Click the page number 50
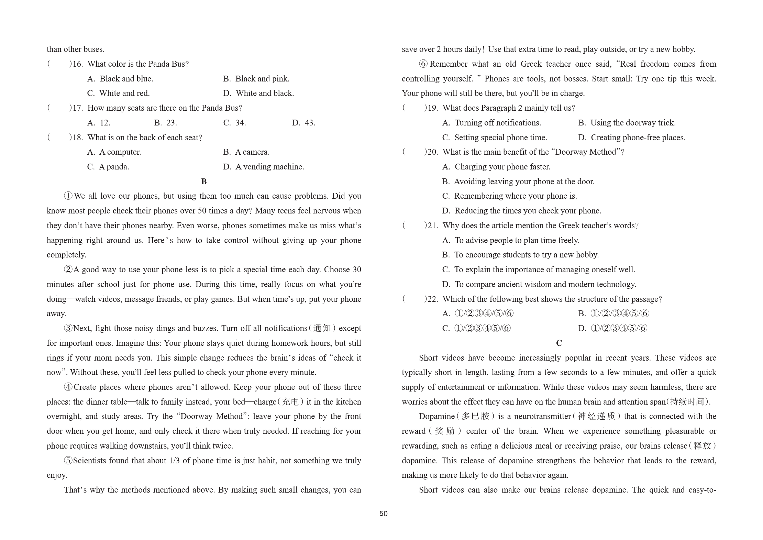tap(383, 514)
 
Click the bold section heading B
tap(204, 181)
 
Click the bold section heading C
tap(559, 343)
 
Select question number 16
tap(78, 64)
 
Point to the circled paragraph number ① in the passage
tap(68, 196)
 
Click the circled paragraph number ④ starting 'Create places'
tap(68, 387)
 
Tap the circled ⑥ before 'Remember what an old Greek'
tap(423, 64)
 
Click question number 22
tap(433, 299)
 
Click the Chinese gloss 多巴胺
tap(475, 417)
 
